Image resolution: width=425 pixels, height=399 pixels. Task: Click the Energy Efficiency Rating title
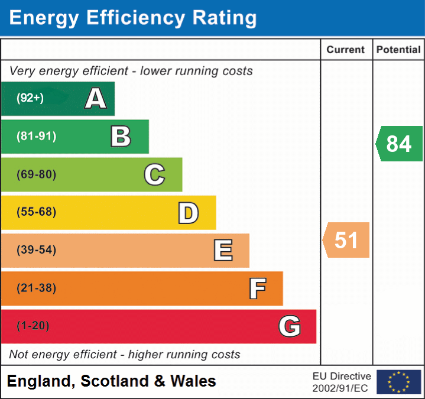133,18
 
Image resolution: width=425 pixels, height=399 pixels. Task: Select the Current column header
346,50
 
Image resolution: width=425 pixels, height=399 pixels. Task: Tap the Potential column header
398,50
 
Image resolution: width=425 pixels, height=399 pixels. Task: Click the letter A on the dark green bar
96,99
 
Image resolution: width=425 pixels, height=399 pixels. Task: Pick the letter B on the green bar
121,137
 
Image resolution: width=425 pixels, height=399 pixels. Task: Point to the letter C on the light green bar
154,174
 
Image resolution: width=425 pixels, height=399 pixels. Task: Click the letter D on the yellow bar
188,213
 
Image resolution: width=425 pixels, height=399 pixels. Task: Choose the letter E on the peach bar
223,251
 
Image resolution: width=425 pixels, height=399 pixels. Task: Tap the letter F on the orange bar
257,288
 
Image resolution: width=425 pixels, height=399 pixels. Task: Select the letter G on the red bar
290,326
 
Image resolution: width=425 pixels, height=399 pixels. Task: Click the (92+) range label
30,99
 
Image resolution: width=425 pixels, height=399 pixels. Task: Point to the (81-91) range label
36,137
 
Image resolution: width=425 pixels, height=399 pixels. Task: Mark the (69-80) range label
36,174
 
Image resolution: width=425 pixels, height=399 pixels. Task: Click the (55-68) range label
36,212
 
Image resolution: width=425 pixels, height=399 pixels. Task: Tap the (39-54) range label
36,250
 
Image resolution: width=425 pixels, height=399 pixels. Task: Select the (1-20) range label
33,326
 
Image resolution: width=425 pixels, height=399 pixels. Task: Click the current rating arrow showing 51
346,240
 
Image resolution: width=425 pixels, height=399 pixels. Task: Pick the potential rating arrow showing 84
399,144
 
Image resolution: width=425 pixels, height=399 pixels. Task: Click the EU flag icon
399,382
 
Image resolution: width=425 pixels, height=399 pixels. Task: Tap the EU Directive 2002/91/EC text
342,382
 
